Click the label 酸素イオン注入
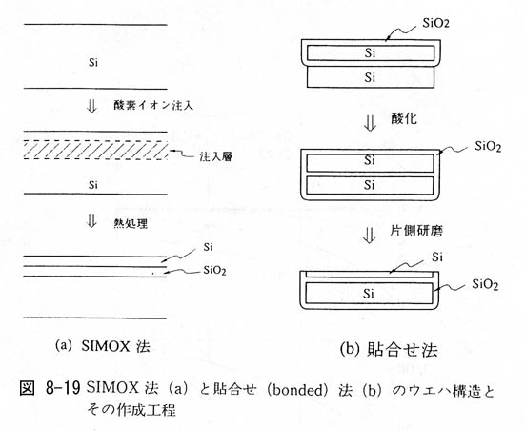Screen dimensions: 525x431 tap(153, 106)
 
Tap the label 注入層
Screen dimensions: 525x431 tap(215, 156)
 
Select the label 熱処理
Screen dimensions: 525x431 tap(131, 223)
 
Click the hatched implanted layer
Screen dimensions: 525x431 tap(95, 150)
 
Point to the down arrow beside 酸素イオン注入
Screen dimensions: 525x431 tap(91, 106)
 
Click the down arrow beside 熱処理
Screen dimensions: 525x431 tap(91, 221)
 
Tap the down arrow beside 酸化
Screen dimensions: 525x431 tap(370, 123)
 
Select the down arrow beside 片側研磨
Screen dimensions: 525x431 tap(370, 235)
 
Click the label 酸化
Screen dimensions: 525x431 tap(404, 118)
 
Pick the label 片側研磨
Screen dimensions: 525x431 tap(416, 231)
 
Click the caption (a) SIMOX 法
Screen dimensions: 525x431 tap(103, 346)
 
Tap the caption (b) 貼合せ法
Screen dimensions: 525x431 tap(389, 350)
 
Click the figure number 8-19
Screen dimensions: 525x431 tap(62, 389)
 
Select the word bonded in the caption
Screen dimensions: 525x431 tap(295, 390)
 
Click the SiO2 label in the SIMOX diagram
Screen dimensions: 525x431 tap(214, 270)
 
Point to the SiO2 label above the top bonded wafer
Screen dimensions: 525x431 tap(435, 23)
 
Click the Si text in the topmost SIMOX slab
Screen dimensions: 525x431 tap(93, 62)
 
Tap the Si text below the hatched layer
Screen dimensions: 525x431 tap(93, 185)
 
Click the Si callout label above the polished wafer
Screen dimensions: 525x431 tap(437, 257)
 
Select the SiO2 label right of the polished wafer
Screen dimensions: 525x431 tap(485, 284)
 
